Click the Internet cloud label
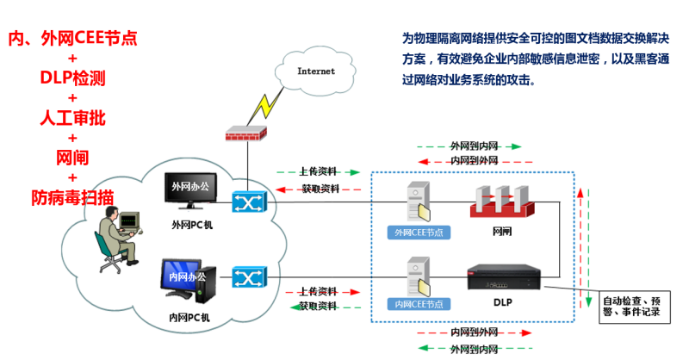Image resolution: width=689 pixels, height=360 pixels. point(316,71)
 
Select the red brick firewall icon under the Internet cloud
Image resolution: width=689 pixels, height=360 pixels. point(245,134)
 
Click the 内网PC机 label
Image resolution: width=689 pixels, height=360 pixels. point(189,317)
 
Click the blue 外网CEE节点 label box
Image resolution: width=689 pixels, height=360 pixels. point(419,232)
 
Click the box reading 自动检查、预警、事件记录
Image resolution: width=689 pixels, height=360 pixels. point(631,307)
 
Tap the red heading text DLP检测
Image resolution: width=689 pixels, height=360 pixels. point(72,78)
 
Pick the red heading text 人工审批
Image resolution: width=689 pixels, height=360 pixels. point(72,118)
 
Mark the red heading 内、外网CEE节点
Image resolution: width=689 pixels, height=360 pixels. point(72,39)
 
